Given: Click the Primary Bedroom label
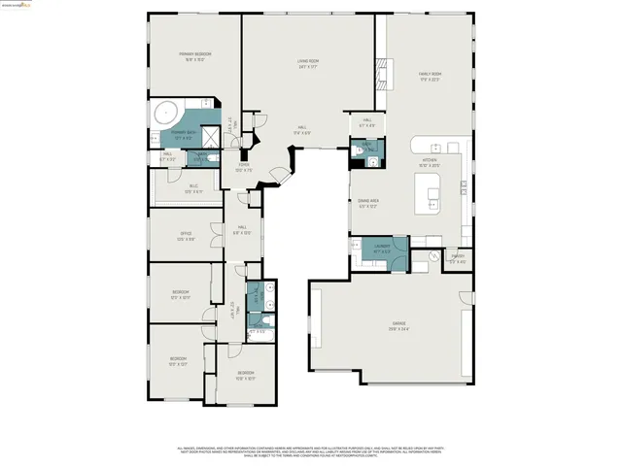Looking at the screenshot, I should (194, 55).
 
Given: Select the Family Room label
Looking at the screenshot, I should (430, 76).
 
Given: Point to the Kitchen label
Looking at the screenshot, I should (429, 163).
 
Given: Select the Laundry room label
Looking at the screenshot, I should (380, 249).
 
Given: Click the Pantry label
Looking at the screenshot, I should (457, 259).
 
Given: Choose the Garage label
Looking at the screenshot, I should (399, 325).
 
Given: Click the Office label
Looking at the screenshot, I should (186, 236).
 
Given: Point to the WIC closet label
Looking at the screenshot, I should (193, 187).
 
